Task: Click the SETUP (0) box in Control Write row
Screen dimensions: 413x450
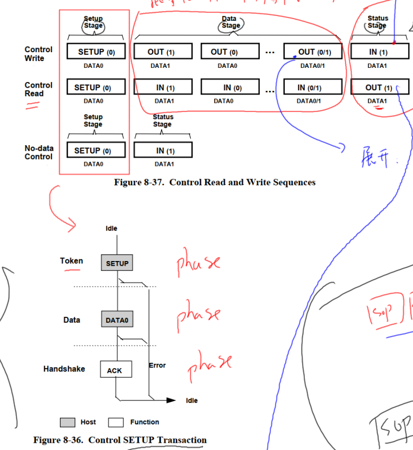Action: [96, 52]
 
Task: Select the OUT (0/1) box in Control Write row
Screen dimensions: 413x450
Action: [313, 52]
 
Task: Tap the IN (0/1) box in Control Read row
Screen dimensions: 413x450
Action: [313, 87]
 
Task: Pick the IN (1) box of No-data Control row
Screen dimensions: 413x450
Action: [163, 150]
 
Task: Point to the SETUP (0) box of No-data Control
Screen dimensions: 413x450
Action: [96, 150]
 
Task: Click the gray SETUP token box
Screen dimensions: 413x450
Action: [117, 263]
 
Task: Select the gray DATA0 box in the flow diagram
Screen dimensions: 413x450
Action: [117, 319]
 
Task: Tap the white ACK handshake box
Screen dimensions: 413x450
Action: [115, 370]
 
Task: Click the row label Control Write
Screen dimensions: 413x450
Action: [39, 54]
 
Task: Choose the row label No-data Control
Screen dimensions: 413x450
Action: [39, 152]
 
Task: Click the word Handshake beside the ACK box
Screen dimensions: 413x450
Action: [64, 369]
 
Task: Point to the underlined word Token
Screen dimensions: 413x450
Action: [71, 261]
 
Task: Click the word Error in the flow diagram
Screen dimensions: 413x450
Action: [157, 365]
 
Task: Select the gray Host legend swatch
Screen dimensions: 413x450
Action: [68, 422]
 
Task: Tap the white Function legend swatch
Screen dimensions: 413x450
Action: [116, 422]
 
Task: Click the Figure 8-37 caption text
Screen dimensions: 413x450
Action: [214, 182]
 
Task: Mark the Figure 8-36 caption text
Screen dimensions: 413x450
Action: [120, 440]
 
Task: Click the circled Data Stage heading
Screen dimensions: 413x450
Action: [230, 22]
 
